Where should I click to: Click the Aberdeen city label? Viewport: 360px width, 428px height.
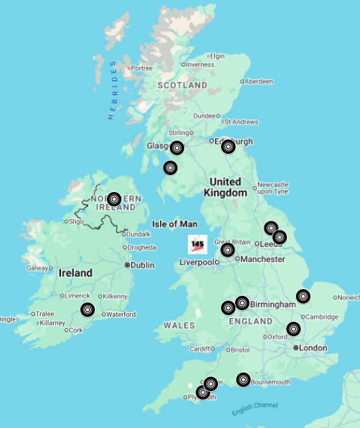pos(259,81)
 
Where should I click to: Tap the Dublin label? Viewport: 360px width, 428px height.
pos(143,265)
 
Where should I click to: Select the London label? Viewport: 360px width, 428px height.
pos(313,348)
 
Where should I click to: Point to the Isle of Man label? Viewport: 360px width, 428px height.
pos(175,224)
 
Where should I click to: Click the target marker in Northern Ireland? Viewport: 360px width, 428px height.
pos(114,199)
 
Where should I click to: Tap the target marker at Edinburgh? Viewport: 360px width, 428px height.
pos(228,147)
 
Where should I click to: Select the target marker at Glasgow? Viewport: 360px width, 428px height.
pos(176,148)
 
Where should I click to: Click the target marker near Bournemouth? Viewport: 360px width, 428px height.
pos(243,380)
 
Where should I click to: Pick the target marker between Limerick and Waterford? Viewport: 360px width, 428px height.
pos(88,310)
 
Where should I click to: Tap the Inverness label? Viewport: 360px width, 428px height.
pos(200,65)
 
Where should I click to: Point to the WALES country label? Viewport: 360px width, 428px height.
pos(179,325)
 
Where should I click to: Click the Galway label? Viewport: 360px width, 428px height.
pos(36,268)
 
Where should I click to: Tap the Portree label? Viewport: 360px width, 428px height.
pos(142,68)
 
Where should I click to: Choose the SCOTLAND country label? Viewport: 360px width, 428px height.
pos(182,86)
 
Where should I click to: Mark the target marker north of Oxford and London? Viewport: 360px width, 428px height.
pos(293,329)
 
